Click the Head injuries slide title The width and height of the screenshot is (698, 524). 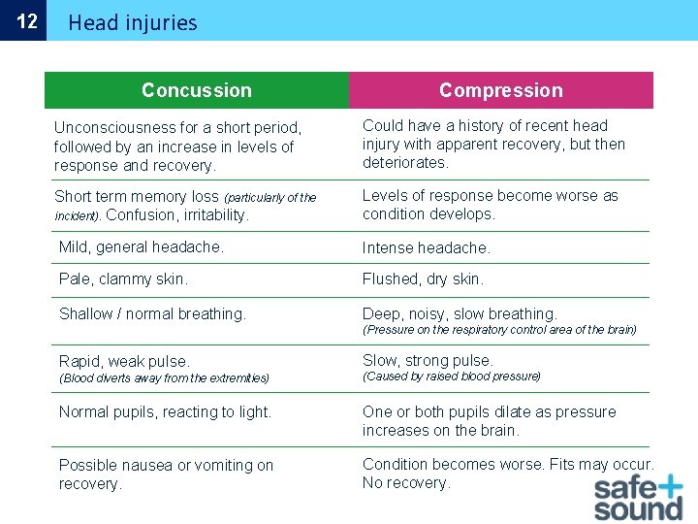[132, 22]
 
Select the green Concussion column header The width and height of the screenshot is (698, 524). [196, 90]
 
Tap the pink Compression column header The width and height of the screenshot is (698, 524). [500, 90]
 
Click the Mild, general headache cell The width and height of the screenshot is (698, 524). [142, 247]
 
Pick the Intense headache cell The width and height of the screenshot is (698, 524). [427, 248]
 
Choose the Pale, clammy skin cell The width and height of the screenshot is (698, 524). [123, 279]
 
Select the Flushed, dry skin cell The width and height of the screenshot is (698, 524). [423, 279]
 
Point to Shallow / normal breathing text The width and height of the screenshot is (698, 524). [152, 314]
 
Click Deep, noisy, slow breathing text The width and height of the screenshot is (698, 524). [460, 314]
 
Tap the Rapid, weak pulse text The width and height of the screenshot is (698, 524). [124, 361]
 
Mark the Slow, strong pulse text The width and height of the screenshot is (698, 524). [428, 361]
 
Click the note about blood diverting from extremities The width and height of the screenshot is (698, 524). [164, 378]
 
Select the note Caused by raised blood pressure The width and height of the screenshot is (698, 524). [452, 377]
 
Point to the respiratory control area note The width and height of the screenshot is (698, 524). [499, 330]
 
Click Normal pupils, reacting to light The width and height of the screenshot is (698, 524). [165, 412]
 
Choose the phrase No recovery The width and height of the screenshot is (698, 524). [406, 483]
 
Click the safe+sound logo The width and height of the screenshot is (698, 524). [638, 497]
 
